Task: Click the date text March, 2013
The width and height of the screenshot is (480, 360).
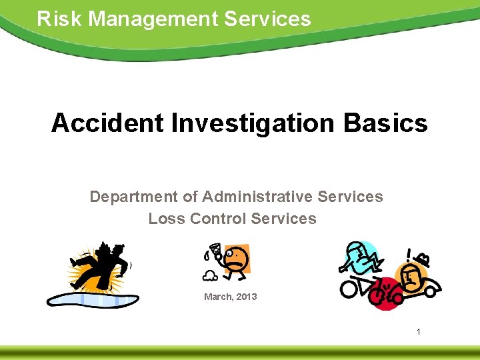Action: (230, 296)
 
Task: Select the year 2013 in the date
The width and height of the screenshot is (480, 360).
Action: (245, 296)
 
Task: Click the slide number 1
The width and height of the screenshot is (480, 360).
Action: (418, 331)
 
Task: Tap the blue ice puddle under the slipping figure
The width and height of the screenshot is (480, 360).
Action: (93, 297)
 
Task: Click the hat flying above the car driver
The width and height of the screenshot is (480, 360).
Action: (421, 256)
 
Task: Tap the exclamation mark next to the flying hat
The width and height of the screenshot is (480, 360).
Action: (408, 255)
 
